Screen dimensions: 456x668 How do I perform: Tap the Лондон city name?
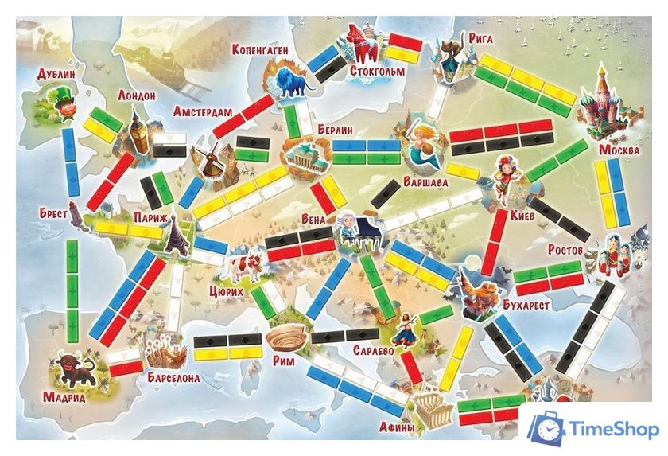[136, 95]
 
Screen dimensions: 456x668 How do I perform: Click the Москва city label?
[619, 150]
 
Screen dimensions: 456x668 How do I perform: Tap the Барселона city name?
[173, 378]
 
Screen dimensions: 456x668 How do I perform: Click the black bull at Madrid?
[76, 370]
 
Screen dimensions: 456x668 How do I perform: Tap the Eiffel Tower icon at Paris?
[177, 235]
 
